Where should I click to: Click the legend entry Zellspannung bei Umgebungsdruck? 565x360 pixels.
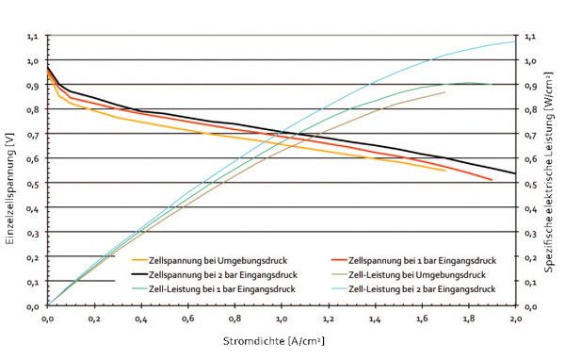click(202, 258)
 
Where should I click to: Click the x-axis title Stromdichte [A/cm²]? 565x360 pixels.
click(282, 339)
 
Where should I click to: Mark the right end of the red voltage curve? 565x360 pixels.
click(492, 179)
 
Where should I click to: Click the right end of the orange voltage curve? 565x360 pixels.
click(444, 171)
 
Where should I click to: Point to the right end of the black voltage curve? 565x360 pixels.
click(515, 173)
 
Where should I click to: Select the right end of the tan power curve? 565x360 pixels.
click(444, 92)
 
